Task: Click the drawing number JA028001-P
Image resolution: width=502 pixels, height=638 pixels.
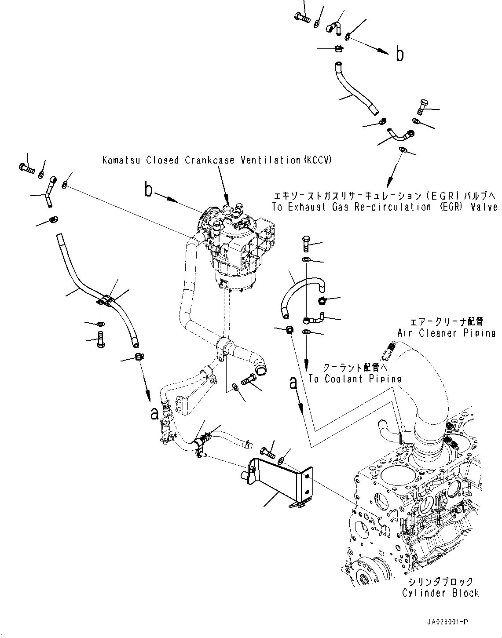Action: (x=447, y=622)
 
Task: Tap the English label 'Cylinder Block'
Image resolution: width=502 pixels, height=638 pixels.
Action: (x=440, y=593)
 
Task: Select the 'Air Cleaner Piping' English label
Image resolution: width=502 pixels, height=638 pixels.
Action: (x=446, y=333)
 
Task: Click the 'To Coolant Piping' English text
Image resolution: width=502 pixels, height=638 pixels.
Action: (x=355, y=379)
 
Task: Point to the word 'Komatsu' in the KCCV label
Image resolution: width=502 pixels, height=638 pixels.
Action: (x=118, y=160)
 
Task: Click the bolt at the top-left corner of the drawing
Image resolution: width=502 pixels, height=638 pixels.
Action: (x=26, y=167)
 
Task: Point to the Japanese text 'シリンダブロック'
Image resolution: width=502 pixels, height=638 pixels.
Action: (x=440, y=581)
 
